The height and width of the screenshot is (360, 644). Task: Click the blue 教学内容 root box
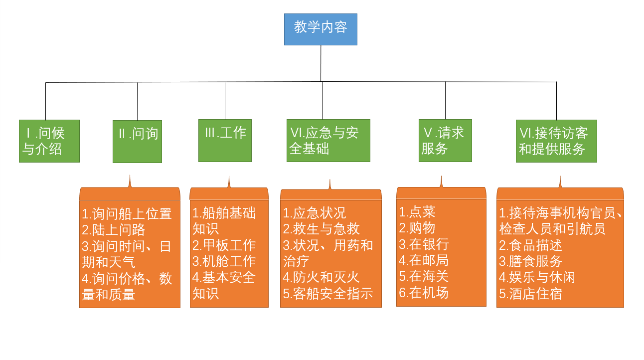pos(321,29)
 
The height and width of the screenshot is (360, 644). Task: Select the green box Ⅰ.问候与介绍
pos(49,141)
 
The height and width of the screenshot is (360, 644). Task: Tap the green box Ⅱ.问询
pos(137,141)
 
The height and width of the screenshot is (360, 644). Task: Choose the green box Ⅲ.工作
pos(225,140)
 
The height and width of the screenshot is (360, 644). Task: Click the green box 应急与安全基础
pos(328,140)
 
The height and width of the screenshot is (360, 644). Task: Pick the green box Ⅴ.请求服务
pos(445,140)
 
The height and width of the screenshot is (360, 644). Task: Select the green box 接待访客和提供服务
pos(556,141)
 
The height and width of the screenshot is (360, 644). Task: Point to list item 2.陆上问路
pos(113,230)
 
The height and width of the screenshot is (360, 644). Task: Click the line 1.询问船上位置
pos(127,214)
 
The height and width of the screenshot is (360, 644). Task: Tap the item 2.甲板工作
pos(224,245)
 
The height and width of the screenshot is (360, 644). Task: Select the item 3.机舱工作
pos(224,261)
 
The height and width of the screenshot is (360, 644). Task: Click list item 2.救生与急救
pos(322,229)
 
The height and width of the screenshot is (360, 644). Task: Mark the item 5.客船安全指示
pos(328,294)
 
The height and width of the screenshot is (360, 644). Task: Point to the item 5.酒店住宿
pos(531,294)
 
